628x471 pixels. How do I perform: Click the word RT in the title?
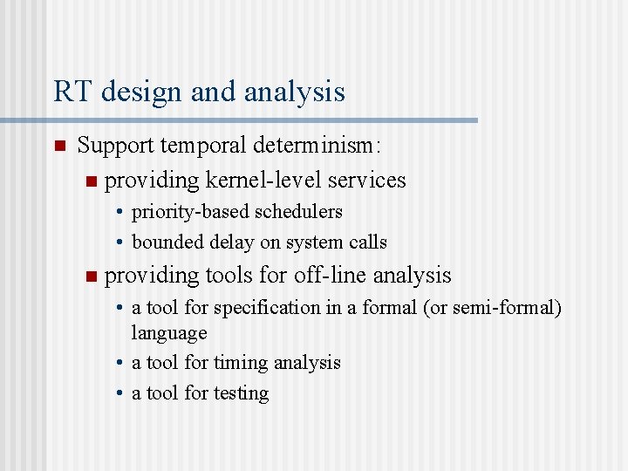[x=71, y=92]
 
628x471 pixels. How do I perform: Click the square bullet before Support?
[x=58, y=146]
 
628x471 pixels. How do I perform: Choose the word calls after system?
[x=367, y=242]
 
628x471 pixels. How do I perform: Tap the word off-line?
[x=331, y=276]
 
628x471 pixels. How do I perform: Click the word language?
[x=169, y=333]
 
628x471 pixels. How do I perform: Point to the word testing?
[x=241, y=393]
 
